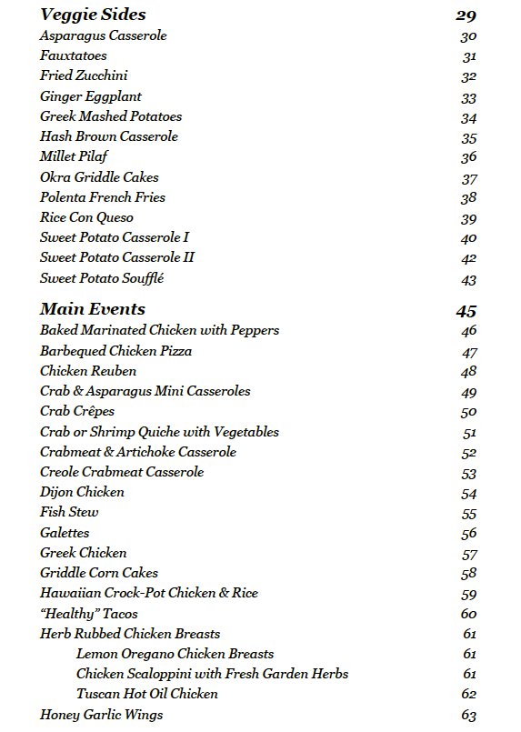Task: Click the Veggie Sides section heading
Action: click(x=93, y=15)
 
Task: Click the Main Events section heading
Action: click(x=92, y=309)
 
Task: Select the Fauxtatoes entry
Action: click(x=73, y=56)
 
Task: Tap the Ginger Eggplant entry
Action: click(x=91, y=96)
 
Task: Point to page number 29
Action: click(x=466, y=15)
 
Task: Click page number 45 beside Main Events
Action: click(x=466, y=311)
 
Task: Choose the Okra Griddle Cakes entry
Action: click(x=99, y=177)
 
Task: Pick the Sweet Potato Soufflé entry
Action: click(x=102, y=278)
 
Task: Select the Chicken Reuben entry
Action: click(x=88, y=371)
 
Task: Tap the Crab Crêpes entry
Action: click(x=77, y=411)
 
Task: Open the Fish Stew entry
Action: click(x=69, y=512)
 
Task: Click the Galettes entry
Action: click(x=65, y=533)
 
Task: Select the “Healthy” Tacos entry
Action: click(x=89, y=614)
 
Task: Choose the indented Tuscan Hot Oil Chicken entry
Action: click(x=147, y=694)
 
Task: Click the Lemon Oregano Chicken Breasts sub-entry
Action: click(x=175, y=654)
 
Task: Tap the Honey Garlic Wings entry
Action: click(x=101, y=715)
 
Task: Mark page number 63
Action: click(x=468, y=716)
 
